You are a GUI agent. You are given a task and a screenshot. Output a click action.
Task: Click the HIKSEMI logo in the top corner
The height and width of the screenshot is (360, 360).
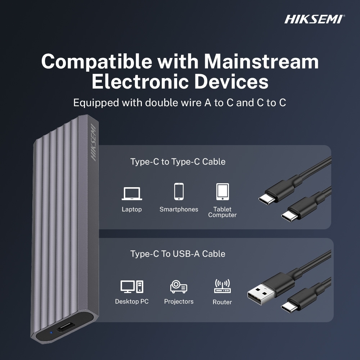(314, 19)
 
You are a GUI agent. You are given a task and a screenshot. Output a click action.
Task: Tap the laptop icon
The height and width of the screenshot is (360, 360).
(132, 194)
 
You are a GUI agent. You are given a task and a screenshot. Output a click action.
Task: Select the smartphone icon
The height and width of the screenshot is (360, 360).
(179, 192)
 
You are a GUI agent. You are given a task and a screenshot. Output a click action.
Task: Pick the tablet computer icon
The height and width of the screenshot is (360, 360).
(222, 192)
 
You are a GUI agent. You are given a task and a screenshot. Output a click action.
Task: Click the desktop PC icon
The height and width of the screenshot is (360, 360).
(132, 287)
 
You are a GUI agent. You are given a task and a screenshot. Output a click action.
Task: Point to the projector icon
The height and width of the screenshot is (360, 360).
(179, 287)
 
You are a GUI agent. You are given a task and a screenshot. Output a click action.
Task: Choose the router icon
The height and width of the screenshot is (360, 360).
(222, 286)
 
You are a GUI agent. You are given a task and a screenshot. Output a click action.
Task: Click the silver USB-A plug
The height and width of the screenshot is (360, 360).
(261, 294)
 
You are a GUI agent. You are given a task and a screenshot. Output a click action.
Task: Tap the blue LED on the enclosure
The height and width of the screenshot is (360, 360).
(51, 332)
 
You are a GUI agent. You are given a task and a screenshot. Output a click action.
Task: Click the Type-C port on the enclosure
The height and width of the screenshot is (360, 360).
(66, 327)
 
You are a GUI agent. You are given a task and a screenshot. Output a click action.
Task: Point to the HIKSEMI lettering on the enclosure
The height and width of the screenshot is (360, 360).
(94, 142)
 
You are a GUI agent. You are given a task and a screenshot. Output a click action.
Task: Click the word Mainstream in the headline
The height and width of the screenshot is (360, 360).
(261, 62)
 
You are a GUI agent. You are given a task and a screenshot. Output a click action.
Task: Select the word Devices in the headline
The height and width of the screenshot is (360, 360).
(231, 82)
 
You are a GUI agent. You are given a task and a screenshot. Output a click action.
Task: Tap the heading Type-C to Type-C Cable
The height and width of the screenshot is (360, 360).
(178, 162)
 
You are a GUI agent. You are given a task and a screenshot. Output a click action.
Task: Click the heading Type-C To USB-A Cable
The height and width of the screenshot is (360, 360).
(178, 254)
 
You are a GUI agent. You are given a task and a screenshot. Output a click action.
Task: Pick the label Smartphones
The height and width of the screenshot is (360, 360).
(179, 210)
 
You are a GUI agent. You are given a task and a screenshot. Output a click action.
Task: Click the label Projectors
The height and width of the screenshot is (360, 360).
(179, 301)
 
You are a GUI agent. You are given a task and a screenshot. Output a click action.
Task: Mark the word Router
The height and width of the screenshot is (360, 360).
(222, 302)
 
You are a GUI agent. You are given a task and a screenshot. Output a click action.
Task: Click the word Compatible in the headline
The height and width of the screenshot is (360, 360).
(96, 62)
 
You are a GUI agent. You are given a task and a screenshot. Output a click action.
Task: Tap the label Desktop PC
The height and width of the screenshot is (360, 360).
(132, 301)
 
